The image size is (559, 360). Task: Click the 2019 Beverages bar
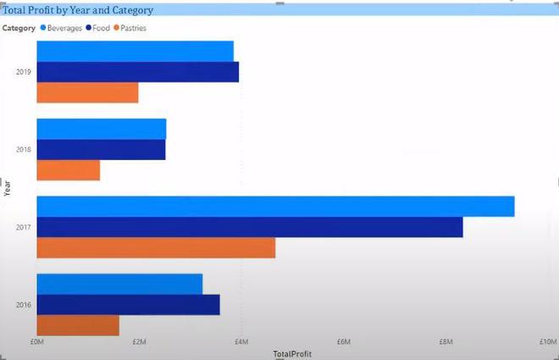pyautogui.click(x=135, y=51)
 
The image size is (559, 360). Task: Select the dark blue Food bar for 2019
pyautogui.click(x=137, y=72)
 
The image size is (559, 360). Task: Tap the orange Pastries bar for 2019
pyautogui.click(x=87, y=92)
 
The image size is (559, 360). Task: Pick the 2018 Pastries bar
pyautogui.click(x=68, y=170)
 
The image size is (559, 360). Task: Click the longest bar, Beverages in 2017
pyautogui.click(x=275, y=206)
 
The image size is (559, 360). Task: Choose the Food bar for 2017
pyautogui.click(x=250, y=227)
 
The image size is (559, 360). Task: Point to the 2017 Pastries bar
pyautogui.click(x=156, y=247)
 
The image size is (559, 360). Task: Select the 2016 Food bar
pyautogui.click(x=128, y=305)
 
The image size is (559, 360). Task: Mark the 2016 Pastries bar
pyautogui.click(x=78, y=325)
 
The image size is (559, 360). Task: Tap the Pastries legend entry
pyautogui.click(x=133, y=28)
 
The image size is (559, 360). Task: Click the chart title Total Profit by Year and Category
pyautogui.click(x=79, y=10)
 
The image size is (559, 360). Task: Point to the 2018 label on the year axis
pyautogui.click(x=24, y=149)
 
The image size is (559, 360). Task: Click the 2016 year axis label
pyautogui.click(x=24, y=305)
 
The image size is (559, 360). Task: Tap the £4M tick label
pyautogui.click(x=241, y=342)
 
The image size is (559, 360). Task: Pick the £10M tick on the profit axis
pyautogui.click(x=548, y=342)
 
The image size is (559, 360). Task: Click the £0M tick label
pyautogui.click(x=36, y=342)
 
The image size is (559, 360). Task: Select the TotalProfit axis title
pyautogui.click(x=291, y=353)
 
